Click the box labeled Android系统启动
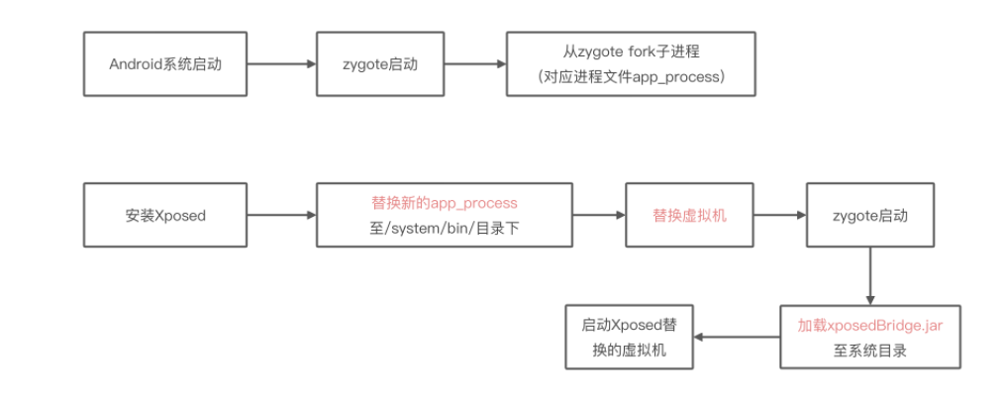(164, 64)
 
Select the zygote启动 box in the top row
(380, 64)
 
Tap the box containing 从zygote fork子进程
(631, 64)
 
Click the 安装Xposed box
(164, 215)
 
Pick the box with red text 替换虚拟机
(689, 215)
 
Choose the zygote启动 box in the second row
(870, 215)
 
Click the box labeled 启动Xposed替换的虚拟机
(628, 338)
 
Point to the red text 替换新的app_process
(444, 203)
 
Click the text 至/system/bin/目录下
(444, 228)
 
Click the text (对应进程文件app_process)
(631, 76)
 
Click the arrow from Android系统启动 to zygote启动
(280, 64)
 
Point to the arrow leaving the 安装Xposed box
(280, 215)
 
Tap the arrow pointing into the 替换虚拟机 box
(599, 215)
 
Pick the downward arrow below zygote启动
(870, 275)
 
